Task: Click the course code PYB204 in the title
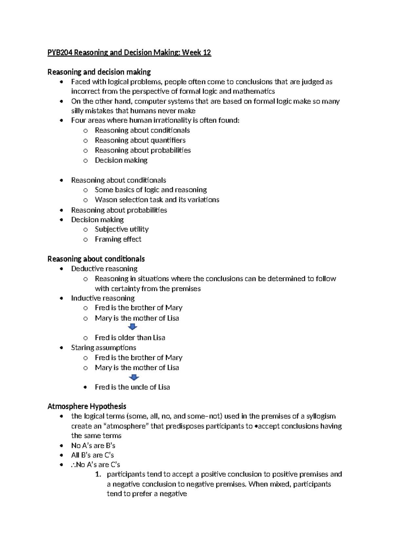[x=60, y=52]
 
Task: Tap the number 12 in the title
[x=207, y=52]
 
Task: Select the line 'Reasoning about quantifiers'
[x=140, y=140]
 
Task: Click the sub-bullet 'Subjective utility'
[x=122, y=229]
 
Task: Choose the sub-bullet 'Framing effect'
[x=118, y=239]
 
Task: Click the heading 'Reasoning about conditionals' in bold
[x=96, y=259]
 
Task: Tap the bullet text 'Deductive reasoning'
[x=104, y=269]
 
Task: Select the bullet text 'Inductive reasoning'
[x=103, y=298]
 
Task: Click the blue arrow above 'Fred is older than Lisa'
[x=132, y=327]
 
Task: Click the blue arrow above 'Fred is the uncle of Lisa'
[x=134, y=377]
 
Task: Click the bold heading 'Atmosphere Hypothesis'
[x=87, y=407]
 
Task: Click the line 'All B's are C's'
[x=92, y=455]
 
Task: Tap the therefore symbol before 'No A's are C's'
[x=73, y=465]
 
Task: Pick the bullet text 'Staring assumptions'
[x=103, y=347]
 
